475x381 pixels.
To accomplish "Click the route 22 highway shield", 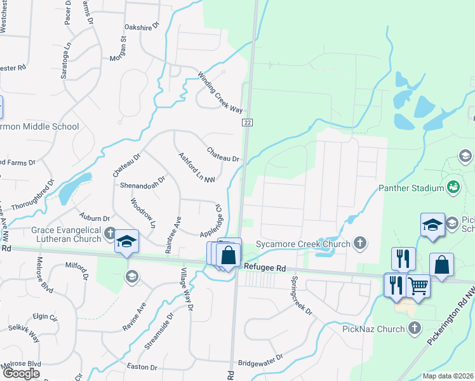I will tap(248, 123).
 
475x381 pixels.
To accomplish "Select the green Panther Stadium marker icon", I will tap(453, 187).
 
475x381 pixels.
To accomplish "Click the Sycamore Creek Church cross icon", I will tap(360, 244).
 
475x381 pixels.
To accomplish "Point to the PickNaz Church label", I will tap(373, 329).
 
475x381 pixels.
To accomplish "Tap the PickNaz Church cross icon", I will tap(415, 328).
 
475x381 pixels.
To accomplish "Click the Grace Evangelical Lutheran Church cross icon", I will tap(111, 234).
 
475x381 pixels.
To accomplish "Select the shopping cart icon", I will tap(418, 286).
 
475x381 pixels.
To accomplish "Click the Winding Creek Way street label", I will tap(220, 93).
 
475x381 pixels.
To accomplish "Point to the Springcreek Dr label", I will tap(302, 296).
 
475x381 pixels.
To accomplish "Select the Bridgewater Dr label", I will tap(260, 364).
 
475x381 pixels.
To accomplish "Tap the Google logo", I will tap(21, 373).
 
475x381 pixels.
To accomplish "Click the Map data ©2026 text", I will tap(448, 376).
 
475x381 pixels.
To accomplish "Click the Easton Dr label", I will tap(142, 367).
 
